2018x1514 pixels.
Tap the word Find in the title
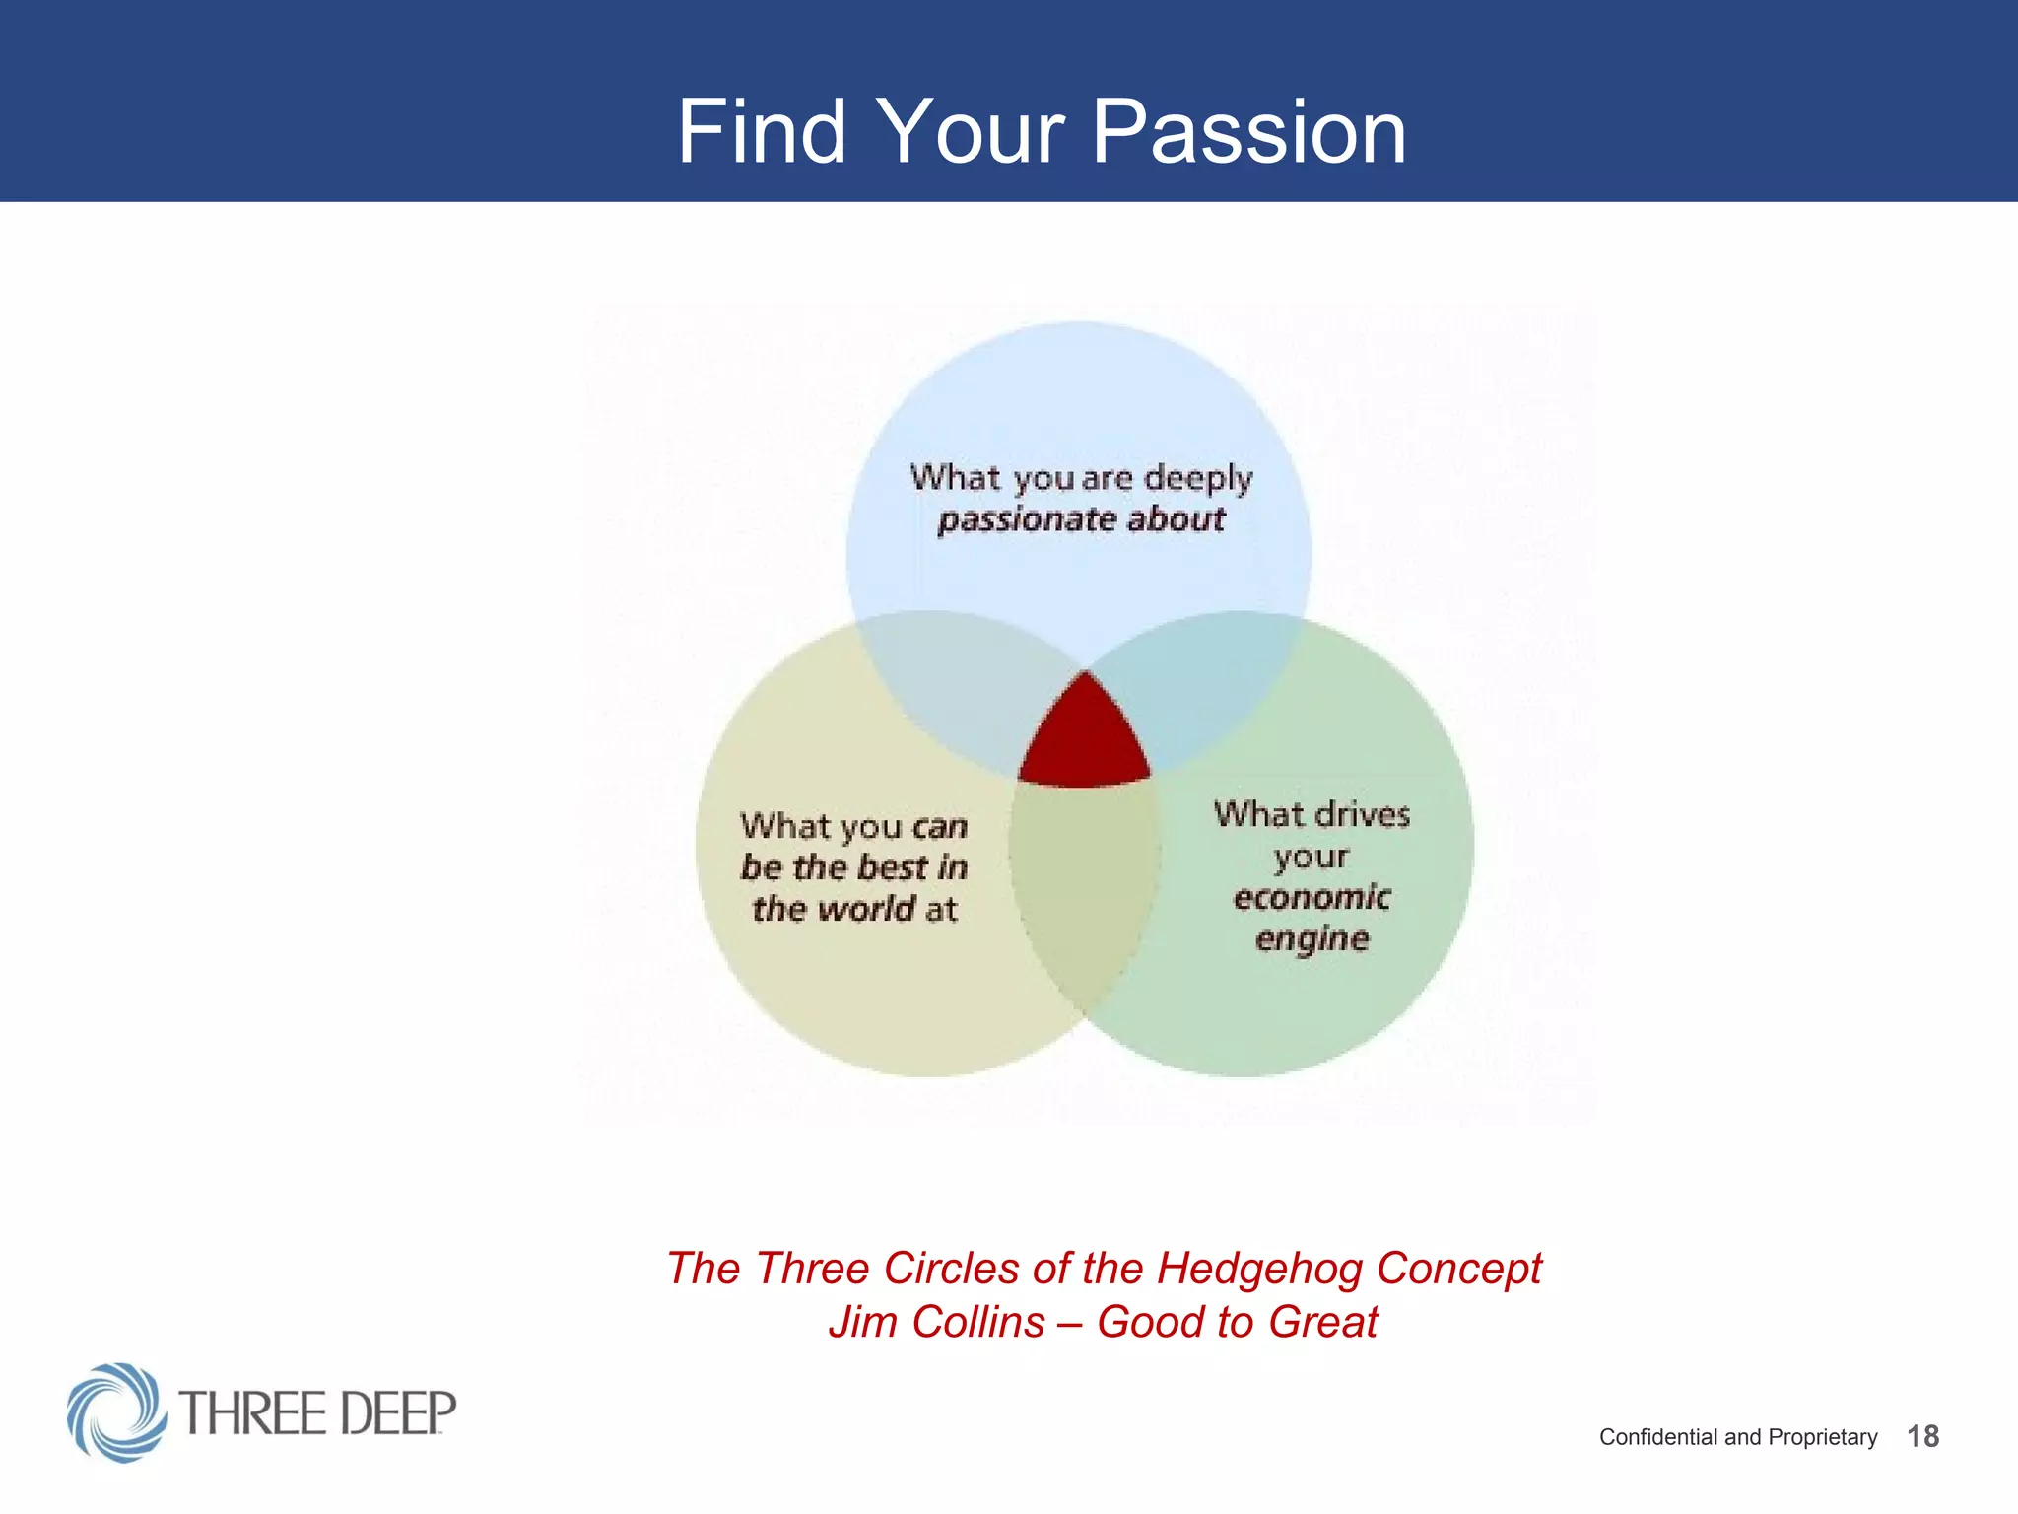(x=761, y=132)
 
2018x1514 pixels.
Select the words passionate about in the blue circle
(x=1081, y=519)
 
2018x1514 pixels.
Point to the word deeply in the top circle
(x=1197, y=479)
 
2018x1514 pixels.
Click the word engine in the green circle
(x=1312, y=938)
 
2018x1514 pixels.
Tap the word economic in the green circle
(x=1312, y=897)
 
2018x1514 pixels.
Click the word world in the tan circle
(x=867, y=909)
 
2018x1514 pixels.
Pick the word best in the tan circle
(x=893, y=867)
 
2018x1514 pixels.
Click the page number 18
(x=1922, y=1436)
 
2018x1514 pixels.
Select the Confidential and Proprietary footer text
(x=1737, y=1437)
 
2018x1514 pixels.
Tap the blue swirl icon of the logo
(x=116, y=1412)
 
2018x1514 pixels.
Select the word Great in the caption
(x=1322, y=1322)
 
